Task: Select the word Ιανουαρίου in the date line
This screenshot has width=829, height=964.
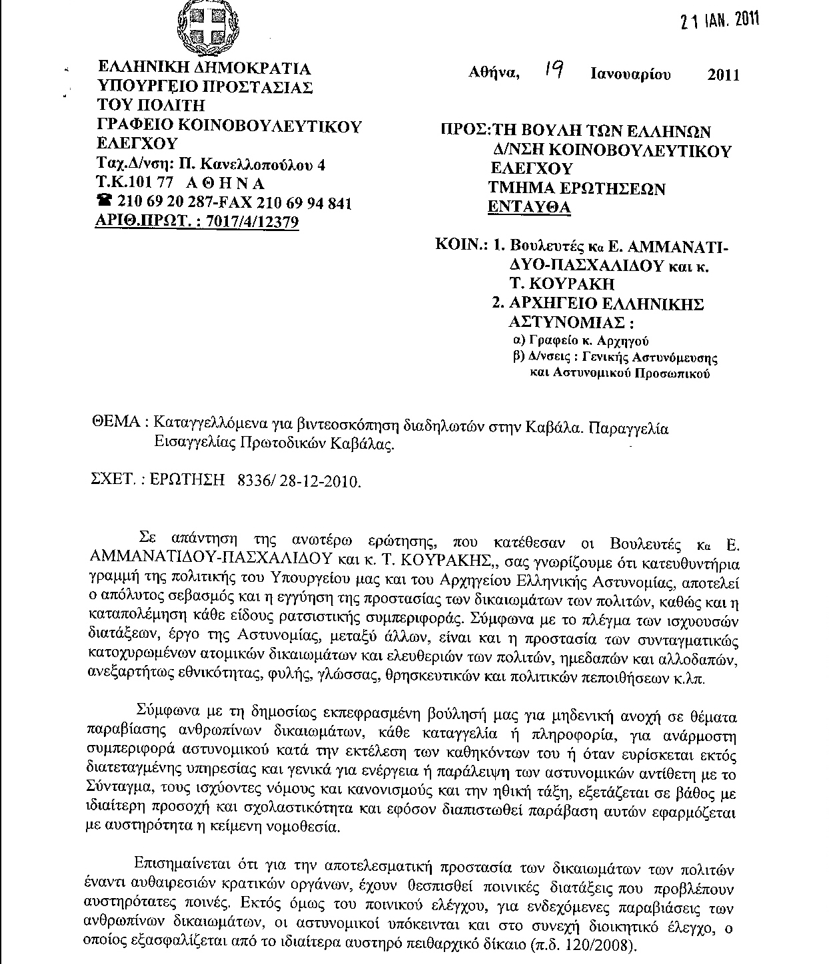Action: coord(630,74)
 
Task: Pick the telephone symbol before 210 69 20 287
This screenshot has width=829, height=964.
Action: coord(105,202)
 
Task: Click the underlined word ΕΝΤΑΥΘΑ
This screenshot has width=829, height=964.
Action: coord(529,207)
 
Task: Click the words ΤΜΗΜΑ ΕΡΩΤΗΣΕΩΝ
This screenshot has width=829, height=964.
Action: coord(577,188)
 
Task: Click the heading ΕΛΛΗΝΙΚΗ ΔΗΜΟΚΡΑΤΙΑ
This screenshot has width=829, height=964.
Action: coord(204,69)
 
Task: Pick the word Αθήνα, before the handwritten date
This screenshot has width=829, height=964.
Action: coord(494,73)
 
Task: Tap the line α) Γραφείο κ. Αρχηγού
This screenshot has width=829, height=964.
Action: coord(580,340)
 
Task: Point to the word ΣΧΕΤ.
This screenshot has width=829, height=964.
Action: coord(112,480)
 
